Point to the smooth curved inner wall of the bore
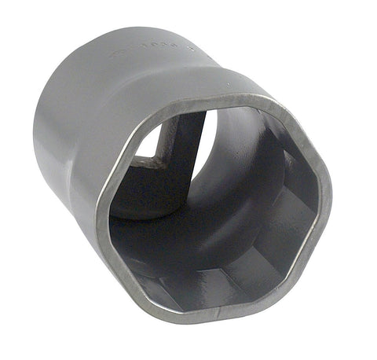236,173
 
